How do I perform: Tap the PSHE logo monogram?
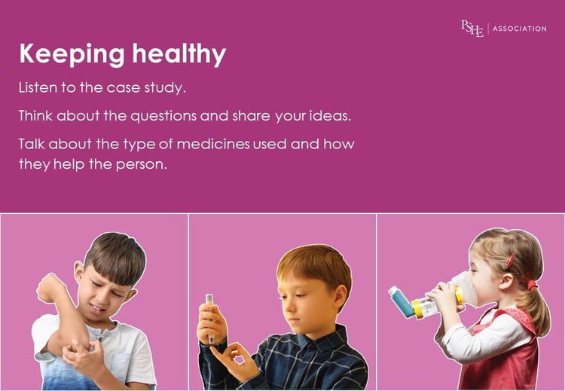tap(472, 29)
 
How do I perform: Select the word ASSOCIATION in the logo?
tap(519, 29)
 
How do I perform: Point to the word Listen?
tap(37, 88)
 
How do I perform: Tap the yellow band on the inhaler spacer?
tap(418, 308)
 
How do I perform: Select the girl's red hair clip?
tap(511, 261)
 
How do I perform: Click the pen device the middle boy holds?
tap(210, 309)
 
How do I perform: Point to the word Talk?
tap(32, 143)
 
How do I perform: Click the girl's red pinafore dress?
tap(512, 354)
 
